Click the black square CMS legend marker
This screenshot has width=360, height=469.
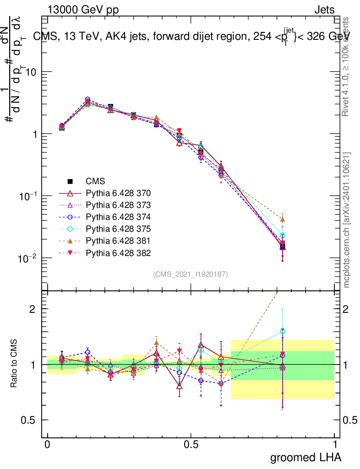[71, 181]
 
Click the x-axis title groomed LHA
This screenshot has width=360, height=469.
[305, 457]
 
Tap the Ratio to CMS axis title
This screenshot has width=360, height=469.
[15, 364]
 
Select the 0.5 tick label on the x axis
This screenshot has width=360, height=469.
[191, 445]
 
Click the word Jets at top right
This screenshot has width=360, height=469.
[324, 10]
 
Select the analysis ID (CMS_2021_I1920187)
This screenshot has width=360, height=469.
[191, 274]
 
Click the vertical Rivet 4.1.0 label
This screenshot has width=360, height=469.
[347, 66]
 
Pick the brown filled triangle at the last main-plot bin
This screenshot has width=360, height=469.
[283, 219]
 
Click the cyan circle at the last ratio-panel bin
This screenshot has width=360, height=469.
[283, 331]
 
